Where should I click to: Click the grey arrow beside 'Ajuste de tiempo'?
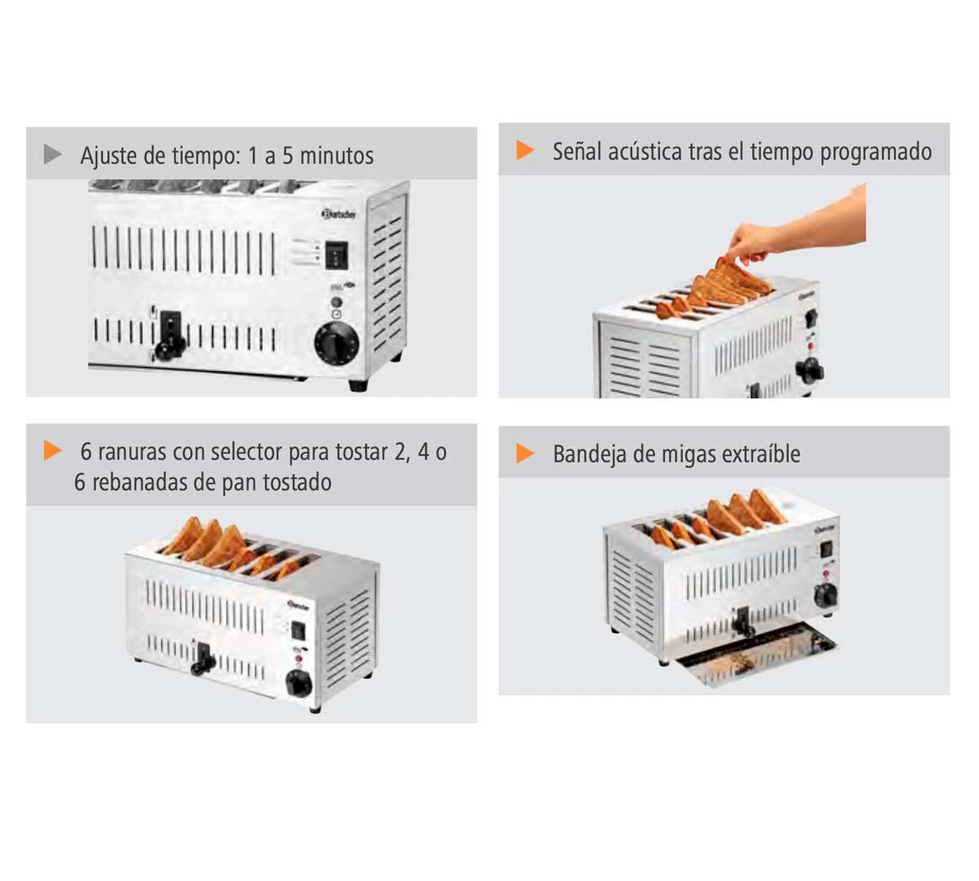52,154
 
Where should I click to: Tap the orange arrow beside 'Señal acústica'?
525,150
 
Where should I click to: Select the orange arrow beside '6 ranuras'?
53,450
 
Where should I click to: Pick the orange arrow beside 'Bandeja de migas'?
525,453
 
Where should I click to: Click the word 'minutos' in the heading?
336,156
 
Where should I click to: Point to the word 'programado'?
875,153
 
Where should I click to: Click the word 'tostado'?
297,482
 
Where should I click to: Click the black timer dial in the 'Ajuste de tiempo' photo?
336,343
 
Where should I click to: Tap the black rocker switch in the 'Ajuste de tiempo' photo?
336,255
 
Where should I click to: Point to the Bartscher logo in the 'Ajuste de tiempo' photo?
339,214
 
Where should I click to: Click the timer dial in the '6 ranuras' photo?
299,683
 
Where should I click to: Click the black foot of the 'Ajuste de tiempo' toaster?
357,385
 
